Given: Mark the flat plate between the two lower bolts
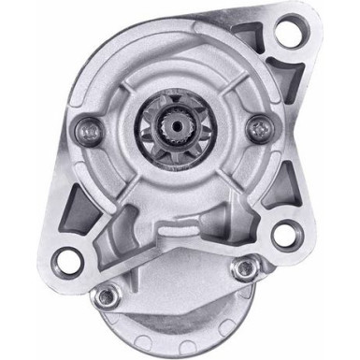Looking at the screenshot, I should coord(178,281).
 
